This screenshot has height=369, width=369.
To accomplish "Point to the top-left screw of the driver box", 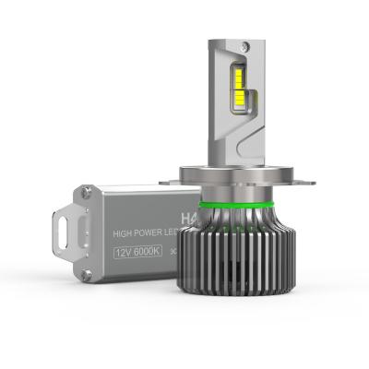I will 86,192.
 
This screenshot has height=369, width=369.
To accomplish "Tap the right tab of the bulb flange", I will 302,181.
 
